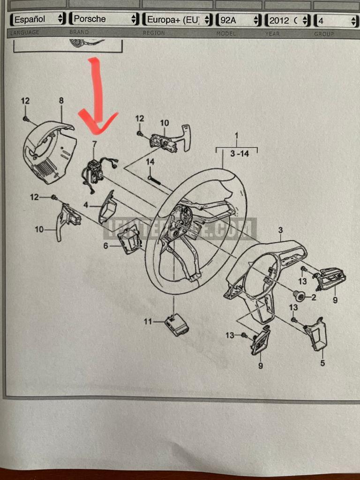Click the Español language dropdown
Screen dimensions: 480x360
click(x=38, y=20)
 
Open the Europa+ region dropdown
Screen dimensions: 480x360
click(x=177, y=20)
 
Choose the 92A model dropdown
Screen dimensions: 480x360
click(x=238, y=20)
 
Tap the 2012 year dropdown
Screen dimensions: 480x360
click(x=287, y=21)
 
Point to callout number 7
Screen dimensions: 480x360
click(x=94, y=143)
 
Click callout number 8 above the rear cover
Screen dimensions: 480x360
click(x=61, y=100)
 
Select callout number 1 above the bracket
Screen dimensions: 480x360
click(x=237, y=136)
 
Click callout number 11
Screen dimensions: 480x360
click(x=148, y=322)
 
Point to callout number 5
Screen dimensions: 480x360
click(x=322, y=363)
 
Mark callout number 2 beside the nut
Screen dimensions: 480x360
click(x=314, y=297)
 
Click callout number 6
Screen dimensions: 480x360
click(x=106, y=246)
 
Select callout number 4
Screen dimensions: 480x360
click(x=86, y=205)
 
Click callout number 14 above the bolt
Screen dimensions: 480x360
click(x=150, y=162)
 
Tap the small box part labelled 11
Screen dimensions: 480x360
click(x=177, y=323)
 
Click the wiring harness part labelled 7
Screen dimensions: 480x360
click(x=96, y=171)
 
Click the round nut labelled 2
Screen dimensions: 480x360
click(x=299, y=295)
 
